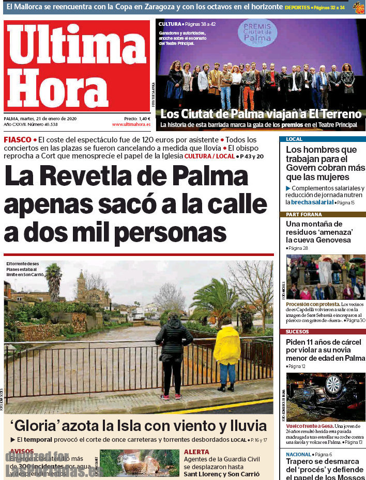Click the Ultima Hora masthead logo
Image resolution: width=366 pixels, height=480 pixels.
77,66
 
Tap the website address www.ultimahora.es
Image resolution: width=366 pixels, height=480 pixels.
131,124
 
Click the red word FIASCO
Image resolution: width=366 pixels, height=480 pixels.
18,140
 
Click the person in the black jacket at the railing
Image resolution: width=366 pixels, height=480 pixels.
173,351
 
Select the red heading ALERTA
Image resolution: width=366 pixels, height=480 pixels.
196,452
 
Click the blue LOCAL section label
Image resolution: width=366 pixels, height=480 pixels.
294,139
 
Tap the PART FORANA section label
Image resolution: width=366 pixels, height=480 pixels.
301,214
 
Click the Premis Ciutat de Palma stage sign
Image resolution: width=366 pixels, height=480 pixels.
257,34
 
